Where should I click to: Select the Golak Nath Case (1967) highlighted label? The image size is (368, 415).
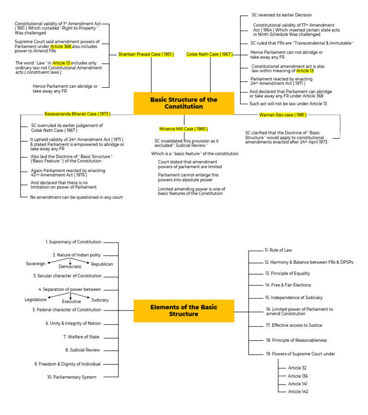[x=209, y=54]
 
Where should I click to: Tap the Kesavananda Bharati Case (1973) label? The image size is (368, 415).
[x=78, y=114]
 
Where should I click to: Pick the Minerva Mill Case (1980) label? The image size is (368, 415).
[x=184, y=129]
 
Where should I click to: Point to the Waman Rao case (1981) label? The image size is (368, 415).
[x=283, y=115]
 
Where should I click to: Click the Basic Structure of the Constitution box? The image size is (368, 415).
[x=184, y=103]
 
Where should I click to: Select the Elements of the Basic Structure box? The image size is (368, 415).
[x=184, y=311]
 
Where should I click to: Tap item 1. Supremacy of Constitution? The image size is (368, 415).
[x=73, y=242]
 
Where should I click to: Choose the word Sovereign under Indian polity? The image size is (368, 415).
[x=35, y=264]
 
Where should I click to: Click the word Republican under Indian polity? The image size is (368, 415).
[x=102, y=264]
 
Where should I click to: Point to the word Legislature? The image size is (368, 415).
[x=35, y=300]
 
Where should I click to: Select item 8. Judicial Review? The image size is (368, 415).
[x=82, y=350]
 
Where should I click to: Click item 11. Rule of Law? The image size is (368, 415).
[x=278, y=250]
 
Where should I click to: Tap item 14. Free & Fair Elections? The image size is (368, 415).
[x=287, y=285]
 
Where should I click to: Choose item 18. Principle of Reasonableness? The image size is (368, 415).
[x=296, y=340]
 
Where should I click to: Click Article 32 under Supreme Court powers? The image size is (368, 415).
[x=297, y=368]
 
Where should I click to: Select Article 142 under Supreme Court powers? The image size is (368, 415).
[x=298, y=392]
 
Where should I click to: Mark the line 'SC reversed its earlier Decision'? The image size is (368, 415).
[x=281, y=15]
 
